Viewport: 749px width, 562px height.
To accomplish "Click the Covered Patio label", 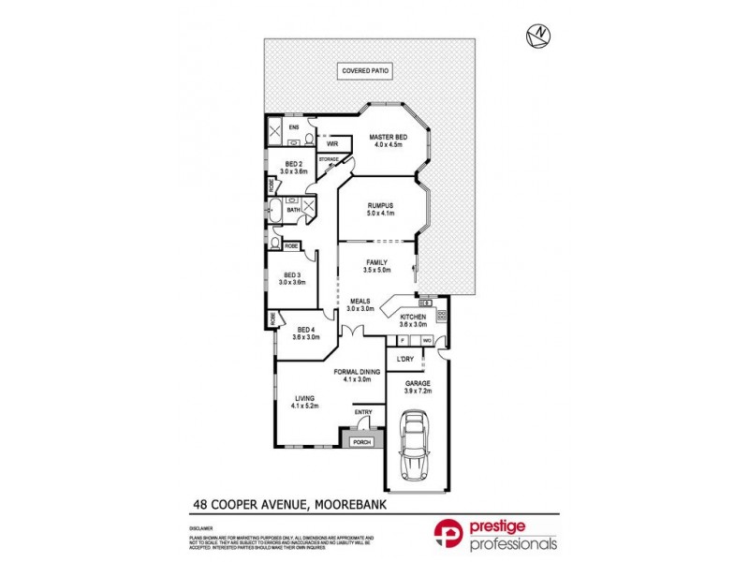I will [365, 71].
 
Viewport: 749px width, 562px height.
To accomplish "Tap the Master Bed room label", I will [387, 139].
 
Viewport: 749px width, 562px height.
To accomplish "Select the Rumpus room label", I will [379, 209].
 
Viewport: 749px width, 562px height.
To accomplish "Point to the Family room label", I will [376, 265].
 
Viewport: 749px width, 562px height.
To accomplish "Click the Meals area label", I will [360, 304].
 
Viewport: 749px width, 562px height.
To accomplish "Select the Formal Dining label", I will [357, 374].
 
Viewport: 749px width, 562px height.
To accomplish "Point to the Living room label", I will [305, 401].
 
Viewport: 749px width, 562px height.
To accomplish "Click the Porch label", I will [361, 442].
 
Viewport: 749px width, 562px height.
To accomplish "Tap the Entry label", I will [363, 412].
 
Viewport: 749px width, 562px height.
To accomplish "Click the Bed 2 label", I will [295, 167].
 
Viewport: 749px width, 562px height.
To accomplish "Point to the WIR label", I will [331, 144].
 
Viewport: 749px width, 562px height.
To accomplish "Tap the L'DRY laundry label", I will [405, 360].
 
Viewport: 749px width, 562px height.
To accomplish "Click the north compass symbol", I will [537, 36].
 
